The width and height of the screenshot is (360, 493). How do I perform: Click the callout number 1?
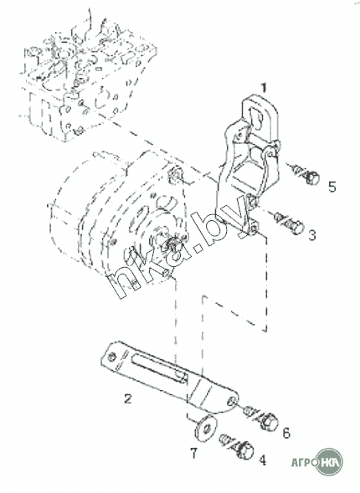tap(264, 88)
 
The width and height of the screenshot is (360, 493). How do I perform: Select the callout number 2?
tap(127, 398)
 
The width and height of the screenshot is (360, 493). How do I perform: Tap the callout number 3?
tap(312, 235)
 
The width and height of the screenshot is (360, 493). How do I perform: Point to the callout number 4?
tap(262, 460)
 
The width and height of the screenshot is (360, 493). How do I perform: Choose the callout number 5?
tap(332, 187)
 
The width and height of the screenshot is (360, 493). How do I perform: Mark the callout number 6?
tap(286, 433)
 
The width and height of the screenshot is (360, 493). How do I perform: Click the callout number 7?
tap(194, 454)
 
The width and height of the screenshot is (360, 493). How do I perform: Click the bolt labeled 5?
tap(304, 174)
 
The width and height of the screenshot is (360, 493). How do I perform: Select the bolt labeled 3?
tap(289, 222)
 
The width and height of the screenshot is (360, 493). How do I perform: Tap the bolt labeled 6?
tap(261, 418)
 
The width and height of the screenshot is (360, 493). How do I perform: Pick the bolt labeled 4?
tap(238, 446)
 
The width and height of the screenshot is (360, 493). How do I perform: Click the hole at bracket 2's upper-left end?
tap(111, 357)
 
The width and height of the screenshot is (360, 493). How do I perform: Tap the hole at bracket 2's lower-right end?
tap(233, 401)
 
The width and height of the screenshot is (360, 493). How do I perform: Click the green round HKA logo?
tap(329, 462)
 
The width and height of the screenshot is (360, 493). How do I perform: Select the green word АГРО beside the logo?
tap(303, 462)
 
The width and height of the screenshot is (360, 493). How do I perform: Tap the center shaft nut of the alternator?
tap(172, 243)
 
